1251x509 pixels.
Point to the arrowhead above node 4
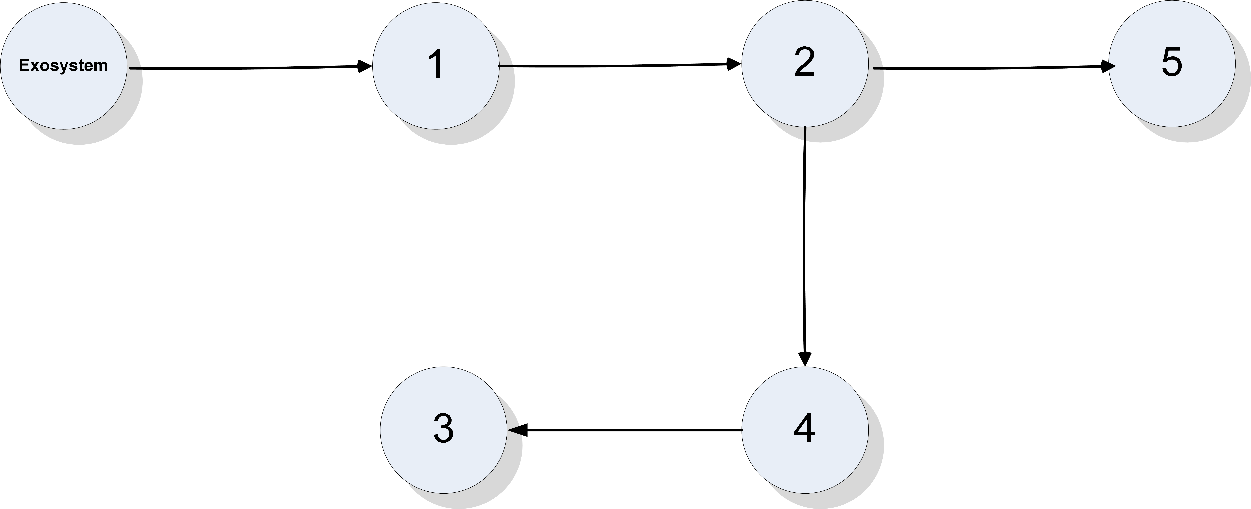(805, 358)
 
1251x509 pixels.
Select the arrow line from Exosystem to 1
(243, 68)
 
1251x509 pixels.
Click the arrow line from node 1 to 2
(612, 65)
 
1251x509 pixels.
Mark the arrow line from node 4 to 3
(631, 430)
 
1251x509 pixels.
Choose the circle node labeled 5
(1171, 102)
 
